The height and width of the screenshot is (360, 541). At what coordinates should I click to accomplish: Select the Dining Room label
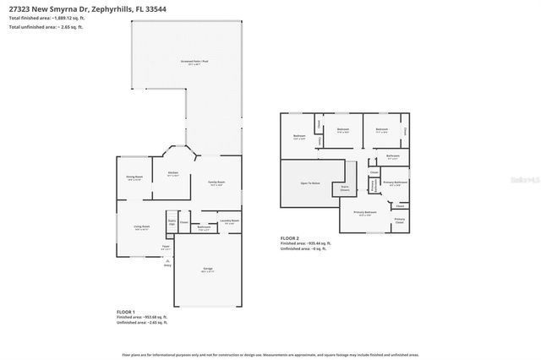[133, 177]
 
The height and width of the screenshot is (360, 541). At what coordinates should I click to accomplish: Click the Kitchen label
[172, 173]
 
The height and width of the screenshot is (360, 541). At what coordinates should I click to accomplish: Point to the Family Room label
[216, 183]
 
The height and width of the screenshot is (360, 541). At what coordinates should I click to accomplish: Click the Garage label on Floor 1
[207, 269]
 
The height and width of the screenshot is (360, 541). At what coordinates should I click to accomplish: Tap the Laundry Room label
[229, 221]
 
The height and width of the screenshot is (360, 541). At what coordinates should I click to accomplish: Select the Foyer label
[167, 247]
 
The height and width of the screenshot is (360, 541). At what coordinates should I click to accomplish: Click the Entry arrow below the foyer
[168, 263]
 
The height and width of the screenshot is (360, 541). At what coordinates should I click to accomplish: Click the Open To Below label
[309, 182]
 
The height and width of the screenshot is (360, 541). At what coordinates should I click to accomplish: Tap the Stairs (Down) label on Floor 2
[345, 188]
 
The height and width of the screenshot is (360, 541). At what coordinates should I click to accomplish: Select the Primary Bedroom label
[364, 213]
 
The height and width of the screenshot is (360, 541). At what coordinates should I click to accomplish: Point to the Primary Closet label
[399, 221]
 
